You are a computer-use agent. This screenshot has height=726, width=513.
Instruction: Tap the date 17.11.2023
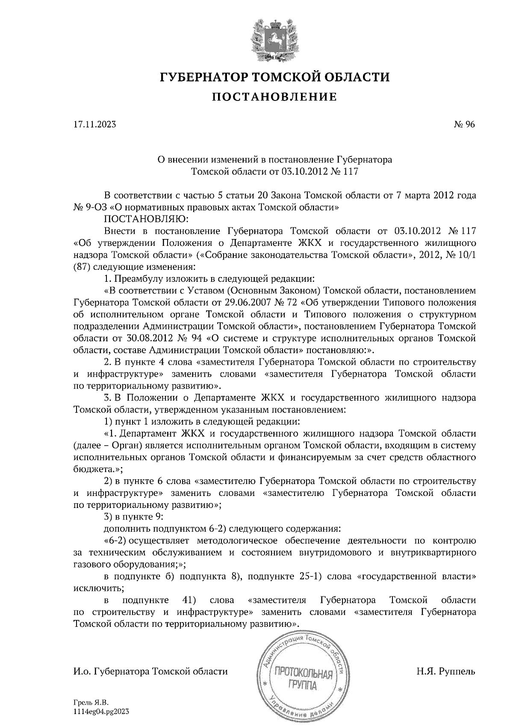coord(94,125)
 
